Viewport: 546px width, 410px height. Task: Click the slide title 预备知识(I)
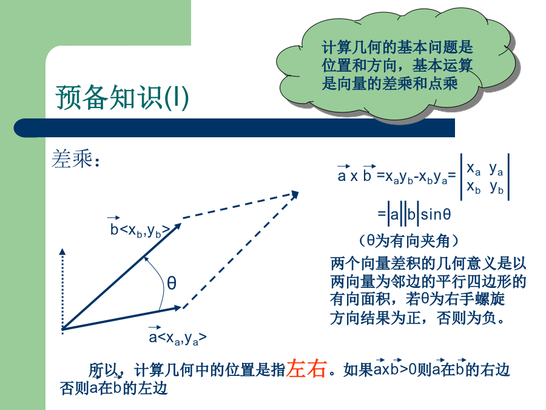(x=122, y=98)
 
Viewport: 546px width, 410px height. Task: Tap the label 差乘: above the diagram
(x=76, y=159)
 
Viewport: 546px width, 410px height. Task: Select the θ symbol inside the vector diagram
(x=172, y=282)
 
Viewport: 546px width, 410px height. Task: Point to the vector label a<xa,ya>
(x=178, y=336)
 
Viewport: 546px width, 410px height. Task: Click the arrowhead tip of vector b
(x=181, y=224)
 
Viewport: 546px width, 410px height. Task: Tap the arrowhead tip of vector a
(x=182, y=307)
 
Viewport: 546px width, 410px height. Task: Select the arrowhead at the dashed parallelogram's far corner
(x=298, y=192)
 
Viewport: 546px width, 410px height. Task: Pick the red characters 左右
(x=306, y=368)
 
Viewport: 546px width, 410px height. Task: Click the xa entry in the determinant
(x=474, y=169)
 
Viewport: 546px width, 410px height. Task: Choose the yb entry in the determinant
(x=496, y=188)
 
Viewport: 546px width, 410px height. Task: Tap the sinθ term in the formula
(x=436, y=214)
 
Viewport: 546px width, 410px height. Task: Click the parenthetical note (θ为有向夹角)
(x=408, y=241)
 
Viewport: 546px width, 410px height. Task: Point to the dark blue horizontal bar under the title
(x=234, y=128)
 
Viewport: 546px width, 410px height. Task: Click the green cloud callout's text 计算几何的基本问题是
(x=397, y=47)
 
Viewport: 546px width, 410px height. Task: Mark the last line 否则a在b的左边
(x=113, y=388)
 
